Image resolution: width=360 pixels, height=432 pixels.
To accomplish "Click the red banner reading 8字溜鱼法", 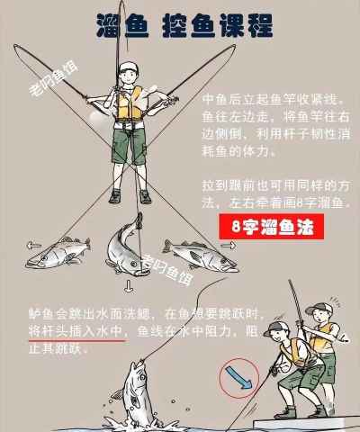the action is click(271, 227).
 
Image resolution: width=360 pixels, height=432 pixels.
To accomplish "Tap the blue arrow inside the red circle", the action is click(239, 377).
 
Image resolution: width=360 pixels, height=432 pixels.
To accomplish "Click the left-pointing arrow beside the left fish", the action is click(33, 246).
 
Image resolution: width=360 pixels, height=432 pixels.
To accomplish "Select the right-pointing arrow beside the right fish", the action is click(229, 246).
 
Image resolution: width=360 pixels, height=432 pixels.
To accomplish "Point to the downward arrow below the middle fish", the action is click(129, 286).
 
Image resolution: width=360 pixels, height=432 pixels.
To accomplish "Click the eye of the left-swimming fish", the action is click(44, 257).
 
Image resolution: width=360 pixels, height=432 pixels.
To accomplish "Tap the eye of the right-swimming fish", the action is click(223, 260).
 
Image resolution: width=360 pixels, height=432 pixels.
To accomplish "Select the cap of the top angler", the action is click(129, 68).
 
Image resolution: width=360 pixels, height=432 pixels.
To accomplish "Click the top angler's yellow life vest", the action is click(130, 103).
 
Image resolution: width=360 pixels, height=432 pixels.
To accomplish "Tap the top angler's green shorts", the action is click(129, 146).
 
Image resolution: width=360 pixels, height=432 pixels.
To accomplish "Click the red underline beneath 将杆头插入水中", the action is click(76, 341).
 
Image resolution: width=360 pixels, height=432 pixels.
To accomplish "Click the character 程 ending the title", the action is click(258, 26).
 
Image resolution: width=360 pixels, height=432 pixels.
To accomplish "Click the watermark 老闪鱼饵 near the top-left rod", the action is click(53, 78).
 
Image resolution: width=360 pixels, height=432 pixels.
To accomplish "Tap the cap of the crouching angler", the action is click(275, 328).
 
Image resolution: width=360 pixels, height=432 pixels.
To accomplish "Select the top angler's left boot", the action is click(115, 196).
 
